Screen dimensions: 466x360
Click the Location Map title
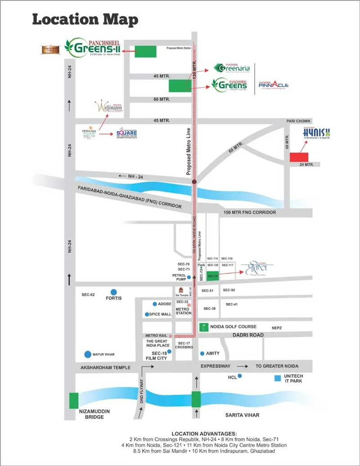click(85, 20)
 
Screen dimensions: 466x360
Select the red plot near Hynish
click(298, 157)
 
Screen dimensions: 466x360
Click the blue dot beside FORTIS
click(114, 292)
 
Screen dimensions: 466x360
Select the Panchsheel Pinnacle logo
click(274, 85)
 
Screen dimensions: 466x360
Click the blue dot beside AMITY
click(202, 353)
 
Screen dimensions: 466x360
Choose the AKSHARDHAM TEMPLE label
click(105, 367)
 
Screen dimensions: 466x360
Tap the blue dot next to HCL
click(240, 376)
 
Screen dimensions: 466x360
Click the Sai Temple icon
click(181, 290)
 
